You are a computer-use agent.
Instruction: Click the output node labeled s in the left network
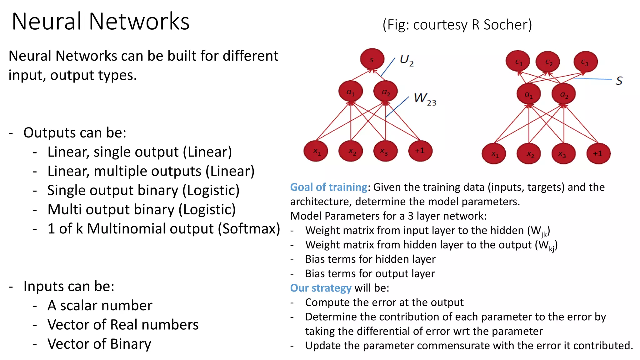click(372, 59)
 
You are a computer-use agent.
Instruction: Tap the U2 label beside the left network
click(407, 60)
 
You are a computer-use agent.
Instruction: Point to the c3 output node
click(585, 62)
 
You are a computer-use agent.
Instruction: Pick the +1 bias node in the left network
click(420, 151)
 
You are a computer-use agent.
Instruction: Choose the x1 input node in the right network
click(494, 154)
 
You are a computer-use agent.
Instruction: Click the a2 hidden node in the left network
click(386, 92)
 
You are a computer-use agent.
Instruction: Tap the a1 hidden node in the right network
click(528, 94)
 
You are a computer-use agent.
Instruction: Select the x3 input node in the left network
click(385, 151)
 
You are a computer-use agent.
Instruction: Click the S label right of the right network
click(619, 81)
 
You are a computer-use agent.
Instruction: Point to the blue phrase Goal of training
click(329, 187)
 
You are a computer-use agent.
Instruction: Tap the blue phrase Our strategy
click(321, 288)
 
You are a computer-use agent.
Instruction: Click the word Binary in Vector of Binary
click(131, 344)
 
